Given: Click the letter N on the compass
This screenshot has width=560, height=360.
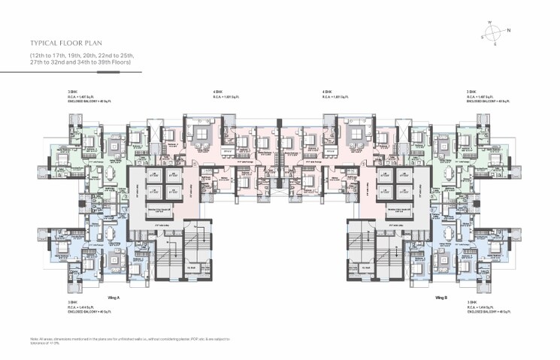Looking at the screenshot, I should pos(508,31).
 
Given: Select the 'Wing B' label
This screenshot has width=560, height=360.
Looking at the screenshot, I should pos(441,298).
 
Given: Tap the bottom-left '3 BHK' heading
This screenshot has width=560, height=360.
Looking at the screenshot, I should pos(72,301).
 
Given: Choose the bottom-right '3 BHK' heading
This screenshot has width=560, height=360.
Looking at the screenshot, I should pos(471,301).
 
